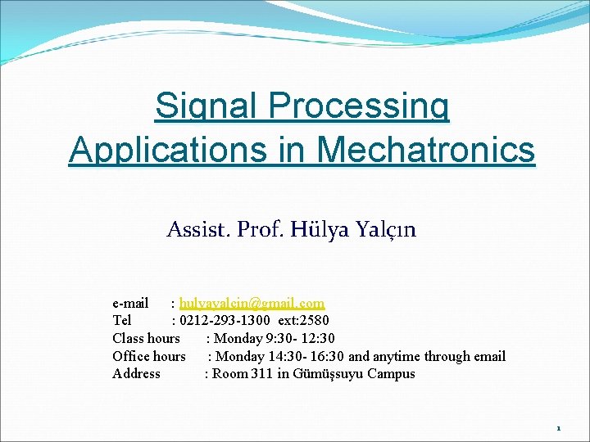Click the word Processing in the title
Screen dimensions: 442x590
pyautogui.click(x=358, y=106)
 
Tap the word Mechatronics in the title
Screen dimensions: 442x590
pyautogui.click(x=425, y=150)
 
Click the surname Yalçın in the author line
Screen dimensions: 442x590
pyautogui.click(x=385, y=230)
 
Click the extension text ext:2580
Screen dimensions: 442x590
pyautogui.click(x=303, y=320)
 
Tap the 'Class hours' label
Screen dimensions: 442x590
pyautogui.click(x=146, y=338)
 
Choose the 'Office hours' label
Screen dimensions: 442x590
pyautogui.click(x=149, y=356)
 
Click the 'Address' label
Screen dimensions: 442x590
pyautogui.click(x=136, y=374)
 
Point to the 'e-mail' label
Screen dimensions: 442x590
pyautogui.click(x=130, y=303)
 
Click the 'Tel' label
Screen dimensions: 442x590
pyautogui.click(x=121, y=320)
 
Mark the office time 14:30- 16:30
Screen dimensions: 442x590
pyautogui.click(x=306, y=356)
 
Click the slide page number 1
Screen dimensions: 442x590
pyautogui.click(x=558, y=428)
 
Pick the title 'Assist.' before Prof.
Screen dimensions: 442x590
pyautogui.click(x=199, y=230)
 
